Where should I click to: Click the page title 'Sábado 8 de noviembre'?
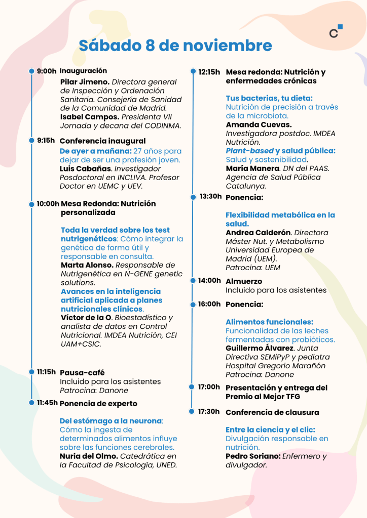[x=175, y=46]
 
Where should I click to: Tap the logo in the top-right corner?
[x=336, y=31]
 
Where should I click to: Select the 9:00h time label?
[x=47, y=71]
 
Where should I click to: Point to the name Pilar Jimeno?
[x=85, y=82]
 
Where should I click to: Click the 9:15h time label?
[x=46, y=140]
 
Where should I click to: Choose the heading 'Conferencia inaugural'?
[x=102, y=141]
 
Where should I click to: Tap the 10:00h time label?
[x=48, y=204]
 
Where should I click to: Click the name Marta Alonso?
[x=87, y=265]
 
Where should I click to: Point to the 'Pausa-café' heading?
[x=82, y=373]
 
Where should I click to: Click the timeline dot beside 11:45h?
[x=31, y=403]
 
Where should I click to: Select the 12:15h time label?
[x=209, y=72]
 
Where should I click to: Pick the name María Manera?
[x=251, y=168]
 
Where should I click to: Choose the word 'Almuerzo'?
[x=244, y=281]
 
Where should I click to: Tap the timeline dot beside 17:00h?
[x=192, y=387]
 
